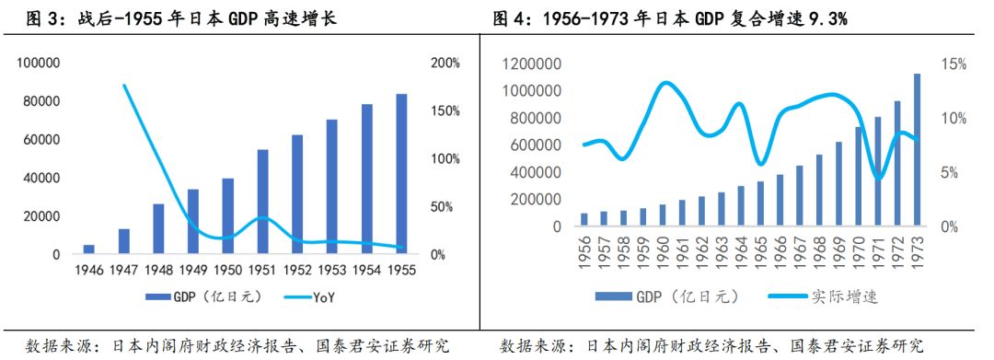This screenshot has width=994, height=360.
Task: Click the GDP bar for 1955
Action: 401,174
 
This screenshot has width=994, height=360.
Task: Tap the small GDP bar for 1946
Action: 88,249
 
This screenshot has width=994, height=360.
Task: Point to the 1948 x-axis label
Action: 158,270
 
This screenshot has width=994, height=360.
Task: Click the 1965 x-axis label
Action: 759,250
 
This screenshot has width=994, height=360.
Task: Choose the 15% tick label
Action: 953,64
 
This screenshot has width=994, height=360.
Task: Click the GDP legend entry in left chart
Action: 196,296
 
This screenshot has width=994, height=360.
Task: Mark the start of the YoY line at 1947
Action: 124,85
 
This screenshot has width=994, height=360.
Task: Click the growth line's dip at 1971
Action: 880,178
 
